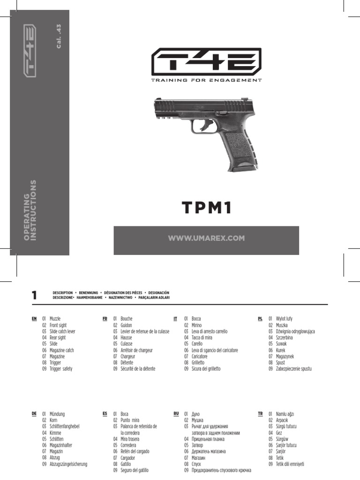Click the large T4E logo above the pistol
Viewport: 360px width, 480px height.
(206, 61)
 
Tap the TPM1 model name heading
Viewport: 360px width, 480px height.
(207, 207)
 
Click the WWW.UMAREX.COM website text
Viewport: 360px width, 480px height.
(206, 238)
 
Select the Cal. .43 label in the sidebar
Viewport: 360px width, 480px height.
(59, 36)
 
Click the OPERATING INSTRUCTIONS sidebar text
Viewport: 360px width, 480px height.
(30, 210)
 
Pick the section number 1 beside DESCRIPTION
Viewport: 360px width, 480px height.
(34, 295)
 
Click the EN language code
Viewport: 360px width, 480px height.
(34, 319)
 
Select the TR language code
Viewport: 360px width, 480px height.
(260, 414)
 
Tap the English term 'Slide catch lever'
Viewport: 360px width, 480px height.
(62, 331)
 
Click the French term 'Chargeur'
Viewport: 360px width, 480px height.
(127, 357)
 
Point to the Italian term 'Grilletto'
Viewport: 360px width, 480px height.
(198, 363)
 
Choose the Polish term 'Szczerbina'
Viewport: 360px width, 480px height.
(285, 337)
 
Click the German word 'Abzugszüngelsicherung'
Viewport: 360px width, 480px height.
(68, 465)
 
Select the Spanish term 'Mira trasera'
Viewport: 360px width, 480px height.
(130, 439)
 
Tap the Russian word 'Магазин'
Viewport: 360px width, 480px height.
(198, 458)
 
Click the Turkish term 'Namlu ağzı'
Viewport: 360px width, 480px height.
(285, 414)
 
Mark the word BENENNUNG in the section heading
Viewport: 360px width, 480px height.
(89, 293)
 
